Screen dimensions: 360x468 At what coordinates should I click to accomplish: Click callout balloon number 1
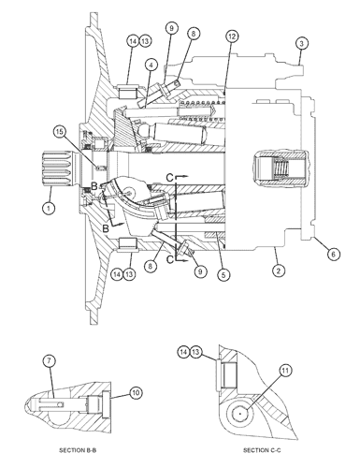click(x=49, y=208)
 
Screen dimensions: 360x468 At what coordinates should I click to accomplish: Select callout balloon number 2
click(x=279, y=271)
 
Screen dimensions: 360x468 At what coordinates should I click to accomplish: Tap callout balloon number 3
click(x=301, y=43)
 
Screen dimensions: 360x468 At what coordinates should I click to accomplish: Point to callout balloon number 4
click(x=151, y=66)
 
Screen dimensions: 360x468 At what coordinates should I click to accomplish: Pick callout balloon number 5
click(x=223, y=275)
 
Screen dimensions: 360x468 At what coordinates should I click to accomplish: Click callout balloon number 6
click(x=333, y=255)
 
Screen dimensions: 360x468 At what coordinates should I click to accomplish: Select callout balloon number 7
click(x=49, y=361)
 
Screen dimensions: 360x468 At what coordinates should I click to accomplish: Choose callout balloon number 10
click(x=136, y=393)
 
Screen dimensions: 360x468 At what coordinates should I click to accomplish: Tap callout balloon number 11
click(x=285, y=371)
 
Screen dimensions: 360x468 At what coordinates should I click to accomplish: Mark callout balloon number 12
click(x=232, y=37)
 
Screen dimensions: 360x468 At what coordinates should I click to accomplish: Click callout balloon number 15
click(x=59, y=132)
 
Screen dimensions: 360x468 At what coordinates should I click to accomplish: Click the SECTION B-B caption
click(x=78, y=450)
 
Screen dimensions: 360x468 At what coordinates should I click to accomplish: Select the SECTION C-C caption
click(x=262, y=450)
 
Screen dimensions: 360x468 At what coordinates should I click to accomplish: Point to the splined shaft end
click(x=59, y=168)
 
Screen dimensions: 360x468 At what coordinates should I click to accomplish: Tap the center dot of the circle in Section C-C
click(x=240, y=414)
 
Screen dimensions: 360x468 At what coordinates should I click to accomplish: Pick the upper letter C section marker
click(x=169, y=178)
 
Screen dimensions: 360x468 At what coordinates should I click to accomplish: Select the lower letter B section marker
click(x=106, y=228)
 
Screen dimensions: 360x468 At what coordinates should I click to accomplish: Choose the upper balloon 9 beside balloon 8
click(x=171, y=28)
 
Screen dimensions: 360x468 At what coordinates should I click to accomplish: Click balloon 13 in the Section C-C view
click(x=195, y=352)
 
